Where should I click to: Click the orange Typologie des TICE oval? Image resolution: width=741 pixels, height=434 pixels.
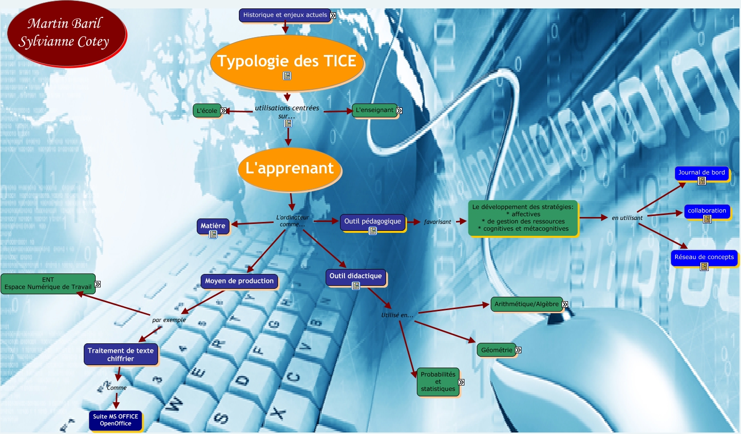point(287,62)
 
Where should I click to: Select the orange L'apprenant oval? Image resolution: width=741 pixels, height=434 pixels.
point(290,169)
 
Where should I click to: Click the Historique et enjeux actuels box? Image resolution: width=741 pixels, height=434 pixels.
point(285,15)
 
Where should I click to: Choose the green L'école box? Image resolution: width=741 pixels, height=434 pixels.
point(207,110)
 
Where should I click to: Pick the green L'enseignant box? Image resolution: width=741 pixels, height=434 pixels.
point(374,110)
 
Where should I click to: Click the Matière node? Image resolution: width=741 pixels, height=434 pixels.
point(213,225)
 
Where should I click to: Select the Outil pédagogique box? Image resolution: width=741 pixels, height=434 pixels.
point(372,221)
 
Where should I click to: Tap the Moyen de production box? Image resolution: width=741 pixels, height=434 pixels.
point(239,281)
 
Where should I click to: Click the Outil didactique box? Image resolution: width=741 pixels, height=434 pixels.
point(355,276)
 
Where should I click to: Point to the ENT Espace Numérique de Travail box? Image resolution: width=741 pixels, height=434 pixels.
point(48,283)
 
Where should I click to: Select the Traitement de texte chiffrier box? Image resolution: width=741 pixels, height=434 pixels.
point(120,354)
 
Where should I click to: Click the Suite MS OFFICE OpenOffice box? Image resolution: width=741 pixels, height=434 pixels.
point(115,420)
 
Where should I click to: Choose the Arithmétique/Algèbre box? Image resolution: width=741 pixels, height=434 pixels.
point(526,304)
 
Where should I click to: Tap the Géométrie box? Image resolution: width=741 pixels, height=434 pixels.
point(496,350)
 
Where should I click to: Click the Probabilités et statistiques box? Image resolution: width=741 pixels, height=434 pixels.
point(438,381)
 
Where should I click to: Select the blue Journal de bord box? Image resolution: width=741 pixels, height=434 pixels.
point(701,172)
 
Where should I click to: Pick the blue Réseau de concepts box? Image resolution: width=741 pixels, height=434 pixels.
point(704,257)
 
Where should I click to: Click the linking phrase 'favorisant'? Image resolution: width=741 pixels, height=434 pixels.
point(437,222)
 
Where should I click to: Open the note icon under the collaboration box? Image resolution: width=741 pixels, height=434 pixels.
point(707,219)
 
